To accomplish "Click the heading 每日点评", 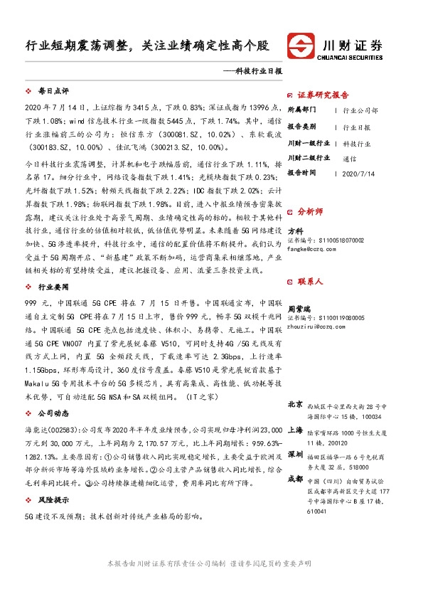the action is click(x=53, y=92).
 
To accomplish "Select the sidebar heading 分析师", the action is click(x=310, y=212).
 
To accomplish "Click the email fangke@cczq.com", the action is click(x=306, y=249).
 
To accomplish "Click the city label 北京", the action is click(x=295, y=404).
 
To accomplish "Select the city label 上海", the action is click(x=295, y=430).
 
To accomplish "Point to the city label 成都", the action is click(x=295, y=479).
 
